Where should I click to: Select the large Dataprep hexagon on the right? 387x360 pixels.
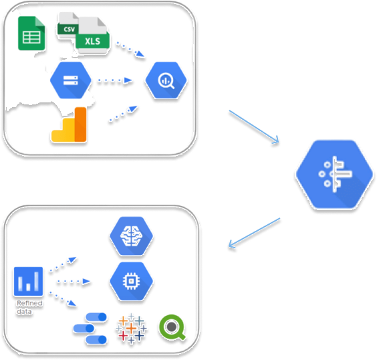[x=334, y=173]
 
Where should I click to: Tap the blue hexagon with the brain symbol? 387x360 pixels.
[x=131, y=235]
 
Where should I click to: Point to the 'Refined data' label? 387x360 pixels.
[x=29, y=306]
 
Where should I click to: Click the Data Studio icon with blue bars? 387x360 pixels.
[x=90, y=331]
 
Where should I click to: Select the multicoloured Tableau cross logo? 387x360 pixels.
[x=131, y=330]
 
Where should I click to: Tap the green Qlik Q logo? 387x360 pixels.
[x=172, y=328]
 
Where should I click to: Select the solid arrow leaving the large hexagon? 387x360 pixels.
[x=254, y=232]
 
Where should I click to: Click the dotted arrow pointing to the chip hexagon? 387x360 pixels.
[x=72, y=282]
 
